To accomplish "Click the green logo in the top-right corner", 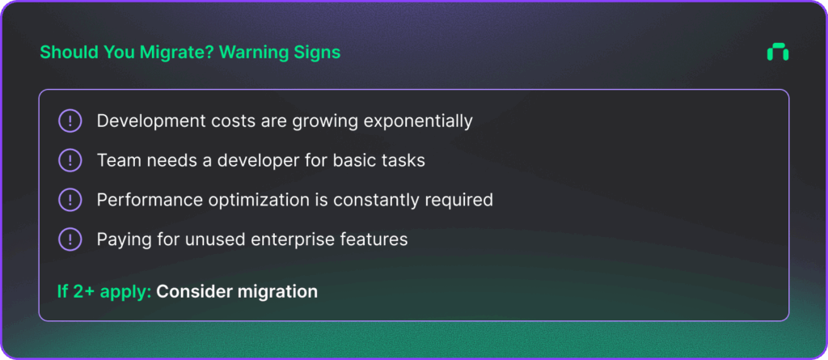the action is [x=777, y=52].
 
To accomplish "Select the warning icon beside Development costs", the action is [x=70, y=121].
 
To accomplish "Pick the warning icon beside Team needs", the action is [x=70, y=160].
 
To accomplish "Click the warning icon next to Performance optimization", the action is [x=70, y=200].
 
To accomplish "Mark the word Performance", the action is [x=140, y=200].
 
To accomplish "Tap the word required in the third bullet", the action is [x=459, y=201].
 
